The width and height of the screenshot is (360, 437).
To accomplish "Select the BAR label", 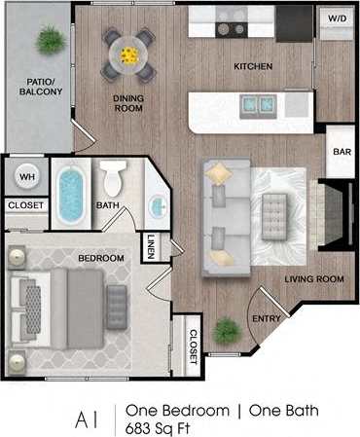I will [342, 152].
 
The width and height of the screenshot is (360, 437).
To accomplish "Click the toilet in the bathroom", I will [114, 178].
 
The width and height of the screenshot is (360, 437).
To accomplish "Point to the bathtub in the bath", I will [71, 194].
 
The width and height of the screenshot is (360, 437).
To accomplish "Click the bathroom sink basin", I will [157, 206].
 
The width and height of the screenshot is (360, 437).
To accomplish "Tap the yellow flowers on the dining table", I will [128, 55].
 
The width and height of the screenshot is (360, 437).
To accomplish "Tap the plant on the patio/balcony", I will [50, 39].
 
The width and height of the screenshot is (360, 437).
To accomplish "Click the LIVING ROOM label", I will [314, 279].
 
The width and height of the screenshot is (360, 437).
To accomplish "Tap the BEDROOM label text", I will [100, 258].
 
